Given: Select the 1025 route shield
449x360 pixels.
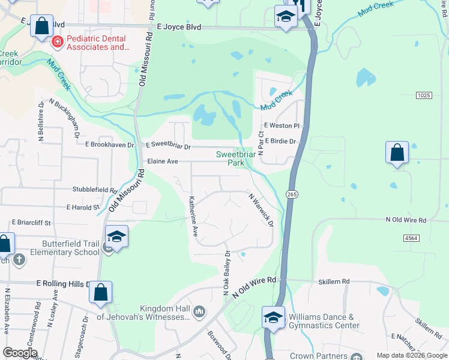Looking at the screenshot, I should point(424,95).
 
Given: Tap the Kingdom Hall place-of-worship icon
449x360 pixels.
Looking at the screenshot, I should point(199,310).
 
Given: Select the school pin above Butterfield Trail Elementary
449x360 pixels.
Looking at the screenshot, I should point(116,236).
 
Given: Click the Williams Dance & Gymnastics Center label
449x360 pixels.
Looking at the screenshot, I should point(324,321).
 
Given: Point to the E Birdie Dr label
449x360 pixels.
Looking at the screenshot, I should point(281,142).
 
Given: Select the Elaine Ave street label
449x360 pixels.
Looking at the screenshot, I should point(163,161).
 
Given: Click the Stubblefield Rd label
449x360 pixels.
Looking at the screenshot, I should point(95,190).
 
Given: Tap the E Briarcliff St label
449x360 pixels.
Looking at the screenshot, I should point(32,222).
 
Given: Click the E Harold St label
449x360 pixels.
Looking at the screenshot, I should point(83,207).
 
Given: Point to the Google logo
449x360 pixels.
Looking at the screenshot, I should point(20,353).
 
